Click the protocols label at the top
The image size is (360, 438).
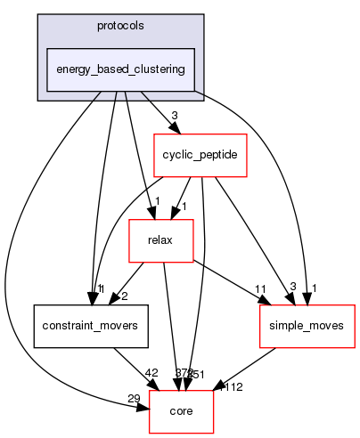point(120,25)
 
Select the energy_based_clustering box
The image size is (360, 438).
point(120,69)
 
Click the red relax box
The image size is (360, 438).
point(162,239)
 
